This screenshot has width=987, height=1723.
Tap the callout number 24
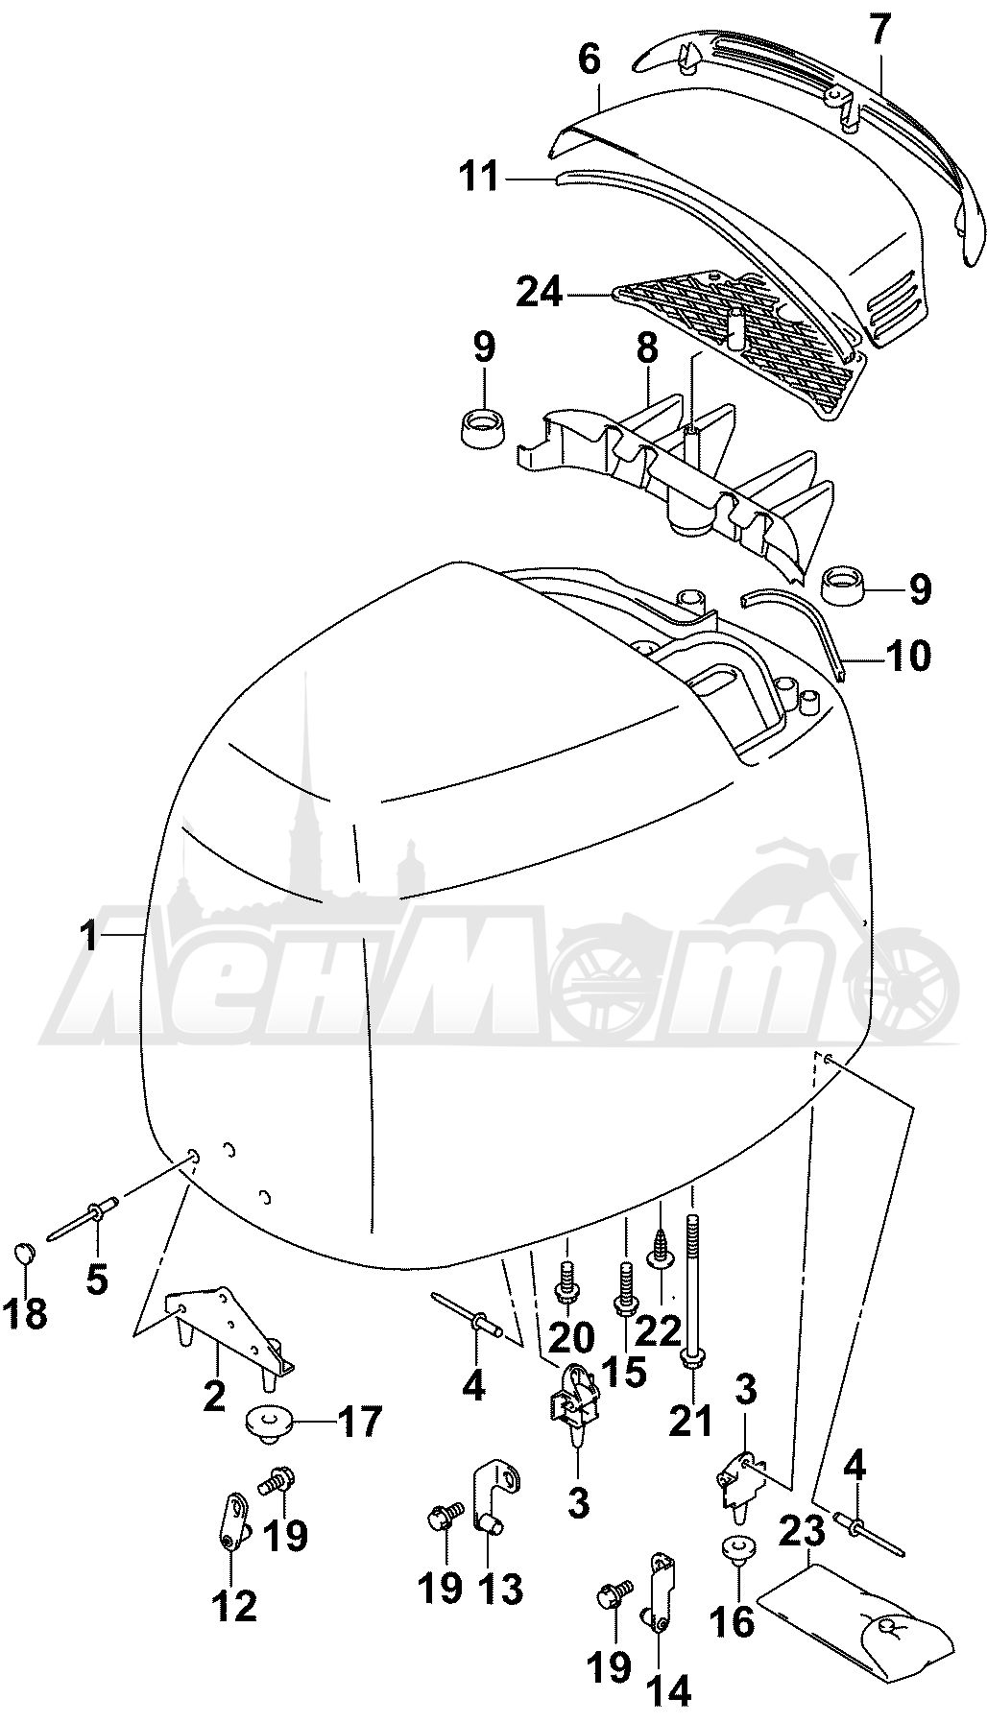coord(539,293)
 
